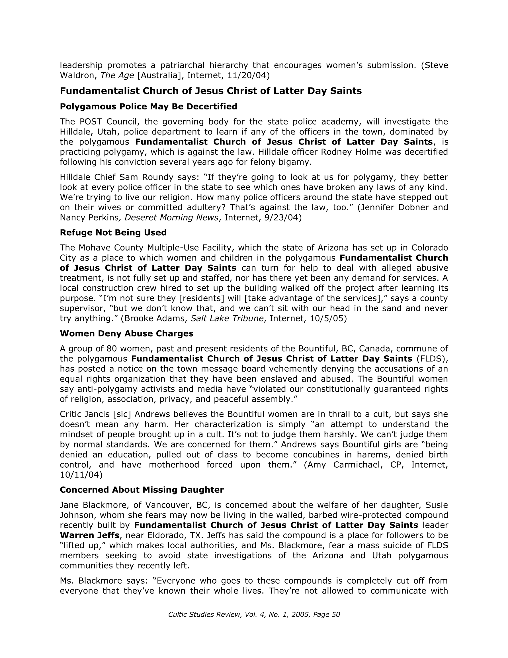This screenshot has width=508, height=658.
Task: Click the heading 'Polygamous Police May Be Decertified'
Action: coord(148,107)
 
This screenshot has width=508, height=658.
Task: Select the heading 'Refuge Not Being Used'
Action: coord(113,233)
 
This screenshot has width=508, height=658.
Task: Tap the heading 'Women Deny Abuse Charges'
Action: coord(126,333)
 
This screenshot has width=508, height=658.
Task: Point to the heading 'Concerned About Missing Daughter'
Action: coord(142,490)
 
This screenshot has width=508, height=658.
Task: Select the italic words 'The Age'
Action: coord(117,75)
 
